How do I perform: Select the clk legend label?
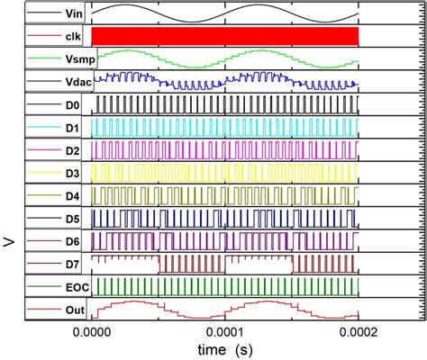[x=66, y=36]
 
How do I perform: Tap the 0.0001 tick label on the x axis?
[x=225, y=332]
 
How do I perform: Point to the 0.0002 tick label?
[x=359, y=332]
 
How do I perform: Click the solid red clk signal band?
[x=225, y=36]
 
